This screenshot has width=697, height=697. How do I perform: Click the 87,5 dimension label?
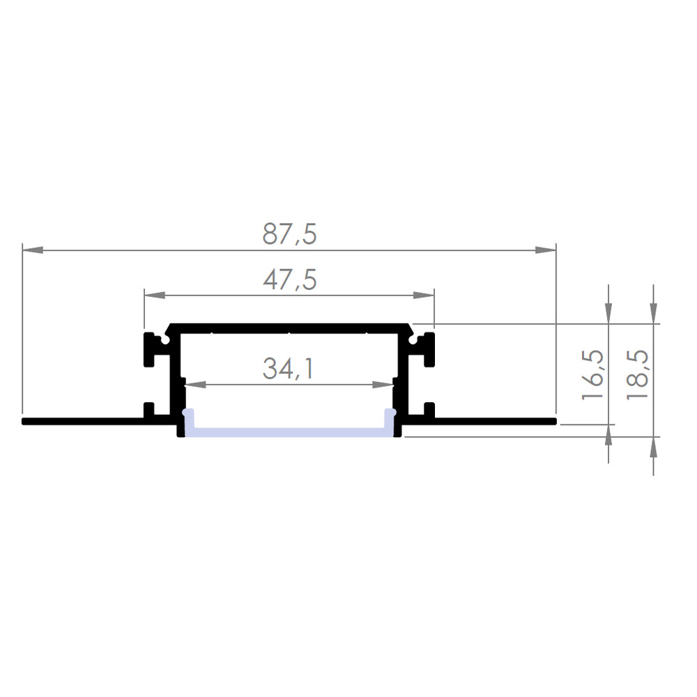tap(289, 233)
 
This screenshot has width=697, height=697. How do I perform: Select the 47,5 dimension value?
tap(289, 280)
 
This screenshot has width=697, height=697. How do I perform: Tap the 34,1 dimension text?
tap(289, 369)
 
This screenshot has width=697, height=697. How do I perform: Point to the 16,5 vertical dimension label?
tap(592, 375)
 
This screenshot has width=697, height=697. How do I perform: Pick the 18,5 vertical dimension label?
tap(637, 375)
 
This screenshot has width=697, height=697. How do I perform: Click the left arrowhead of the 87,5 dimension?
tap(33, 250)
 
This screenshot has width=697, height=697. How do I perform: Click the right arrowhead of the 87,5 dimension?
tap(546, 250)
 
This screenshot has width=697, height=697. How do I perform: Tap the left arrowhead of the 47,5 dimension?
tap(155, 295)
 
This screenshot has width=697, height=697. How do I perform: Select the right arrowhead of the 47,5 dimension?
tap(424, 295)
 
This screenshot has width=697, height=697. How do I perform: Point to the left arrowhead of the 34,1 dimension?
tap(196, 385)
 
